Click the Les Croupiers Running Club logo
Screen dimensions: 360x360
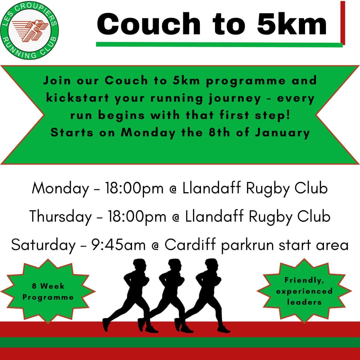pos(30,31)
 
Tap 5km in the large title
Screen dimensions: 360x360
pos(292,24)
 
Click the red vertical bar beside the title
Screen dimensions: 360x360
pos(342,23)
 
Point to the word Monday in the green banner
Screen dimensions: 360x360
pos(148,133)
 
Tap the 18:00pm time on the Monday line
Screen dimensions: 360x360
pos(134,189)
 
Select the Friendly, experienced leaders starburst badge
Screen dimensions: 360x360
pos(304,291)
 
